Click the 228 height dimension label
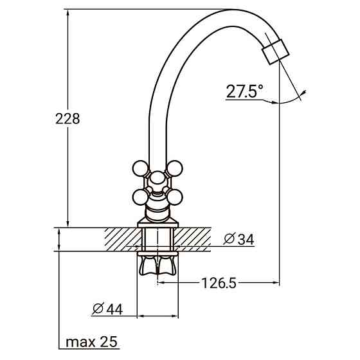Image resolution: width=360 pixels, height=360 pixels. (67, 119)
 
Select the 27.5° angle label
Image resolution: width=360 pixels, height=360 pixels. (244, 91)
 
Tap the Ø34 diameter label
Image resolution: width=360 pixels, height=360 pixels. (239, 240)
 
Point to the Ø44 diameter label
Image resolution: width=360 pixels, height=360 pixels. (107, 309)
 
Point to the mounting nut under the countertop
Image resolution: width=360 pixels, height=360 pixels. (157, 264)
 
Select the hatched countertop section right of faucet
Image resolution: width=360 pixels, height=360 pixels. (193, 239)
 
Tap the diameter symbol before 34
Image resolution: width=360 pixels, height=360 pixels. (228, 240)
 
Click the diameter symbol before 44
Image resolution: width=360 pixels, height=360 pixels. (96, 309)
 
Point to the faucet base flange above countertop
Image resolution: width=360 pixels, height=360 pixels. (157, 224)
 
